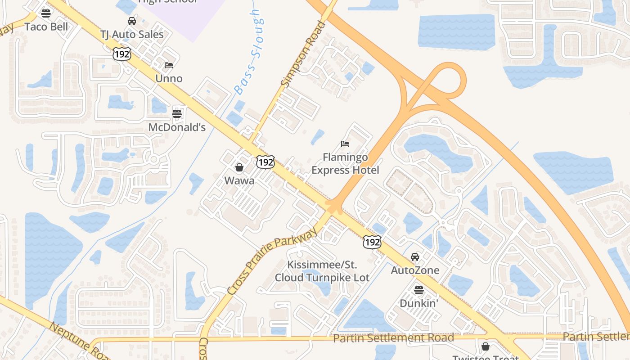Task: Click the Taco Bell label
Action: click(46, 27)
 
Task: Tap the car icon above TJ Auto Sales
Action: click(132, 21)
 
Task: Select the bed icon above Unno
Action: click(169, 65)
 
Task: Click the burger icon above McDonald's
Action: click(177, 113)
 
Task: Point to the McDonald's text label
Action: click(177, 127)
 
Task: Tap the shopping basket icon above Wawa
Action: click(239, 167)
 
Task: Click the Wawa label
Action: click(239, 181)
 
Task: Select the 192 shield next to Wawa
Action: click(265, 162)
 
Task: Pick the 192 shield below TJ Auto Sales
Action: click(122, 54)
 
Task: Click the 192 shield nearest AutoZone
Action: click(372, 242)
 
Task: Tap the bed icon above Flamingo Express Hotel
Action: click(345, 144)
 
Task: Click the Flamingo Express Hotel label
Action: click(345, 164)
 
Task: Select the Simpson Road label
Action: click(302, 54)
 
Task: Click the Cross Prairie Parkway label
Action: click(272, 261)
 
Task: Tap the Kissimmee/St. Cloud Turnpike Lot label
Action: click(322, 271)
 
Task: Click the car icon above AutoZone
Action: click(415, 257)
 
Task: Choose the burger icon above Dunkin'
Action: click(419, 290)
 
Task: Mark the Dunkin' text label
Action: click(419, 303)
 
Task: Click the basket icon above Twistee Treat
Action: click(485, 346)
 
